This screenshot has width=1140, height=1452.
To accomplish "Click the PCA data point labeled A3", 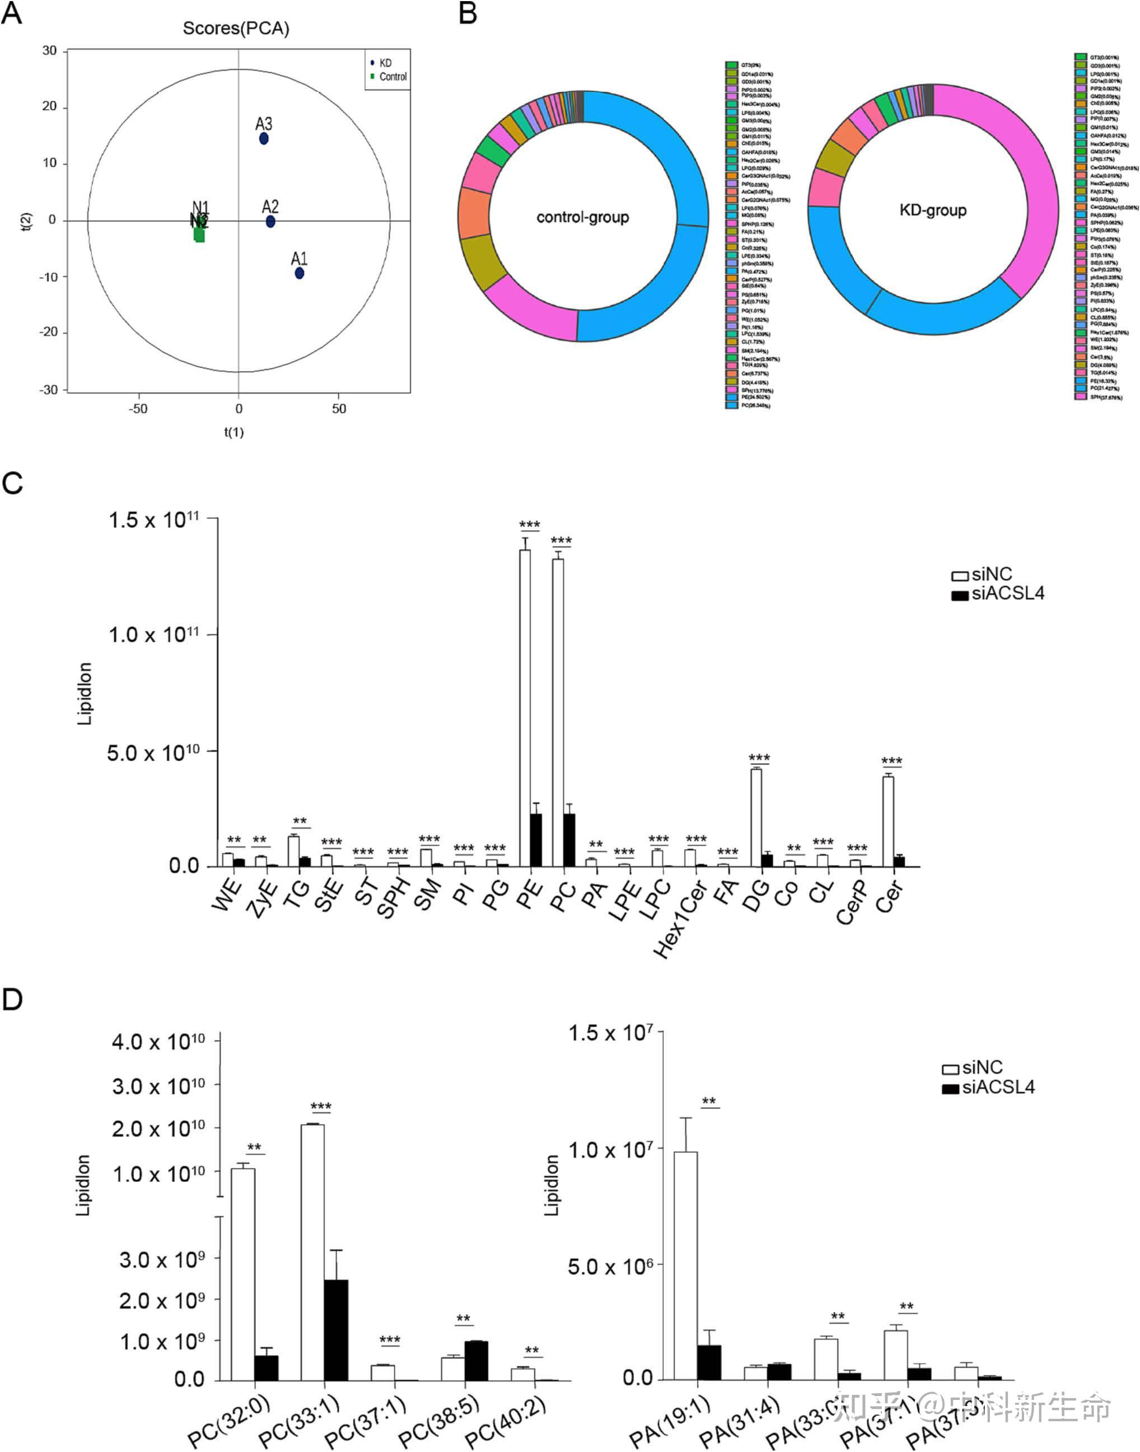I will (x=264, y=139).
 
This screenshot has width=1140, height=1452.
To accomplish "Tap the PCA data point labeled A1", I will (x=300, y=273).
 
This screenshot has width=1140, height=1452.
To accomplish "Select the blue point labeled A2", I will (x=270, y=222).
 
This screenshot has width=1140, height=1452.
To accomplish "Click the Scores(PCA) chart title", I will (x=236, y=29).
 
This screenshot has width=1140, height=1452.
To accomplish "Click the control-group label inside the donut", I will (x=583, y=218).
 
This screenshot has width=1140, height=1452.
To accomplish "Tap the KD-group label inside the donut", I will (x=932, y=211).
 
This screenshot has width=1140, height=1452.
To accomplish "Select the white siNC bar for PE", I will (x=525, y=708).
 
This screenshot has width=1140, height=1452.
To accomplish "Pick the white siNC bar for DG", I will (x=755, y=817).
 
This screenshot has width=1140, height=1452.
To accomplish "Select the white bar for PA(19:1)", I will (x=685, y=1265).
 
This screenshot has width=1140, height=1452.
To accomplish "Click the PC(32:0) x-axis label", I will (x=230, y=1421).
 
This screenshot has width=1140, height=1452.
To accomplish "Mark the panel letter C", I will (x=13, y=483).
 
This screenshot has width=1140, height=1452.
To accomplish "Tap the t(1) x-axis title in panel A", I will (x=233, y=432).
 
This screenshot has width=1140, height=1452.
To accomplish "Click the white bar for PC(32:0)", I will (x=243, y=1275).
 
